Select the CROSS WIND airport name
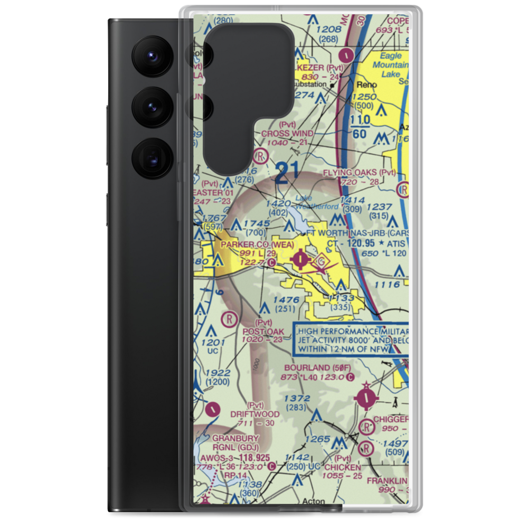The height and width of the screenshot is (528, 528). point(287,134)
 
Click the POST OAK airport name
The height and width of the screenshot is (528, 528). point(263,332)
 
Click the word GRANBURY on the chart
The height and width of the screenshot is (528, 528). point(235,438)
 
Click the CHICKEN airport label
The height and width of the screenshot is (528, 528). point(343,467)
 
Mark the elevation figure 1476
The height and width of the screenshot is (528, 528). point(287,300)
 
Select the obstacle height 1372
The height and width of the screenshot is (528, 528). point(297,398)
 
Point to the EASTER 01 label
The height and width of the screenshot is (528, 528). point(209,193)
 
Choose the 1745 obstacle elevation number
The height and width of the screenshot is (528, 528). point(257,224)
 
